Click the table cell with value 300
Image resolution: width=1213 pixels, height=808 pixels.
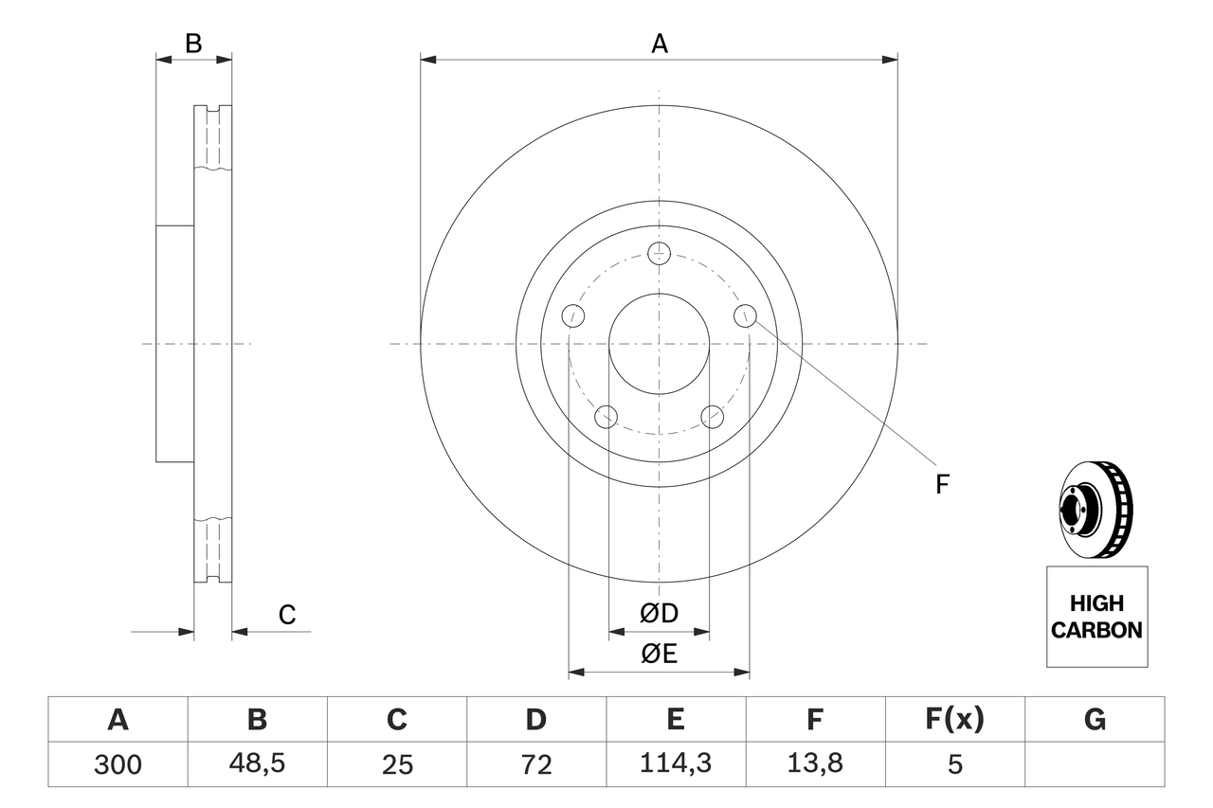(x=118, y=763)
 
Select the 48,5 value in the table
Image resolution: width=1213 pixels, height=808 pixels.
(x=257, y=763)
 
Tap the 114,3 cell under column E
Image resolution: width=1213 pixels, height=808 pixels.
(x=675, y=763)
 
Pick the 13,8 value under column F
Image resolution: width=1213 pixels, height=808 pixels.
(x=814, y=763)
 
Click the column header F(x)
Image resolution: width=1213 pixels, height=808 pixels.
(x=954, y=720)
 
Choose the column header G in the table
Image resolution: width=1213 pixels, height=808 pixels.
(x=1095, y=720)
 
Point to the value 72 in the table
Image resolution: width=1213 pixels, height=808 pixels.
(x=535, y=763)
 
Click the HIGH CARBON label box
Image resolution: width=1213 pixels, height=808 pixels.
(x=1096, y=617)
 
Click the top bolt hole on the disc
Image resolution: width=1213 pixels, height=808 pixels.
(x=659, y=253)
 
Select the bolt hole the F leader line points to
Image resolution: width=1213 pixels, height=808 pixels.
(x=746, y=315)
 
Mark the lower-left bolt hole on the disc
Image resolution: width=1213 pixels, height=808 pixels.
(x=606, y=416)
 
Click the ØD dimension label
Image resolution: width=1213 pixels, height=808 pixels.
(x=660, y=614)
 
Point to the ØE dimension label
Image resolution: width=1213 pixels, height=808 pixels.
(x=660, y=655)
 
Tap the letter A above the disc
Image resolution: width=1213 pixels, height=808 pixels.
(x=659, y=43)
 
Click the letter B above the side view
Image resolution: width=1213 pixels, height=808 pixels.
(x=193, y=43)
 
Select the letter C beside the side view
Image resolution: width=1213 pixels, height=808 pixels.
(x=287, y=615)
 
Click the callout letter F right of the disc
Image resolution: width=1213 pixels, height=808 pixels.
(x=942, y=484)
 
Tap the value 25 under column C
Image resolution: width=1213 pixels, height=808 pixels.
(x=396, y=763)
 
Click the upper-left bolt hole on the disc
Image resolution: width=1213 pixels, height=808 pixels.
(x=572, y=315)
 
